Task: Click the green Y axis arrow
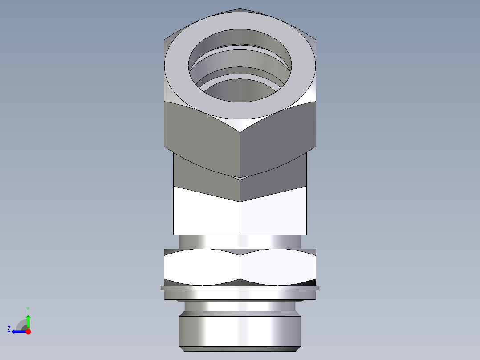click(28, 320)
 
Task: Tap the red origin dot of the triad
click(28, 331)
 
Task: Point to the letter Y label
click(28, 309)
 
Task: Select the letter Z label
click(9, 329)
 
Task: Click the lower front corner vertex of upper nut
click(240, 177)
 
